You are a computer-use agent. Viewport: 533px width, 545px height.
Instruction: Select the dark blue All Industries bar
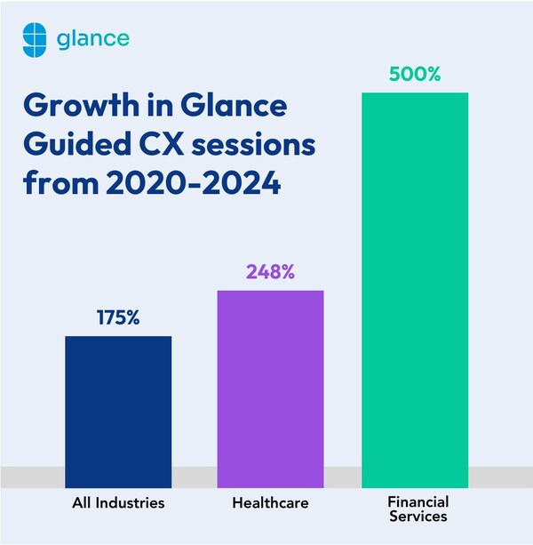click(x=118, y=401)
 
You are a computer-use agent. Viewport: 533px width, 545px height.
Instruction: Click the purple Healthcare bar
click(x=270, y=378)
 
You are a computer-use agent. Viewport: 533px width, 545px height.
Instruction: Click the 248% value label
click(x=270, y=272)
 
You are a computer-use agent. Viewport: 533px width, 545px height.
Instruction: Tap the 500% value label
click(x=415, y=75)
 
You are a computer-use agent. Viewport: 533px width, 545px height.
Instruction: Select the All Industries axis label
click(x=118, y=503)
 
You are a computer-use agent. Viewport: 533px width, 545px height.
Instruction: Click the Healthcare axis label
click(x=270, y=503)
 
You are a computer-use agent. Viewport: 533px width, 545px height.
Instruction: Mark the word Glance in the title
click(x=229, y=108)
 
